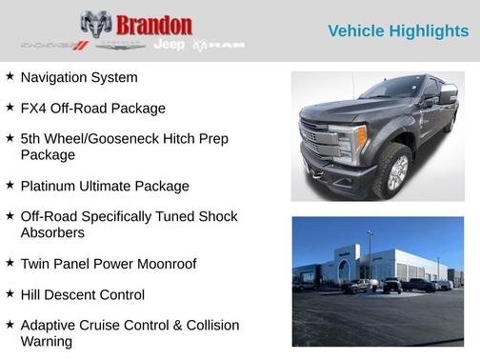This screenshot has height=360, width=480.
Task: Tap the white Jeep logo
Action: point(170,45)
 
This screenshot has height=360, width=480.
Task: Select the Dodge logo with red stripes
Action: point(53,46)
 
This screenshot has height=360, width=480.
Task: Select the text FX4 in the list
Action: point(35,109)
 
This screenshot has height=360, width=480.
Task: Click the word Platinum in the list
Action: point(52,186)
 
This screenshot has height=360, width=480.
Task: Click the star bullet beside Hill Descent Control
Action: point(10,294)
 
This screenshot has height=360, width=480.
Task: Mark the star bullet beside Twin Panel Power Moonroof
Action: point(10,263)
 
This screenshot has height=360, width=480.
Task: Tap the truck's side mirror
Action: point(447,95)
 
